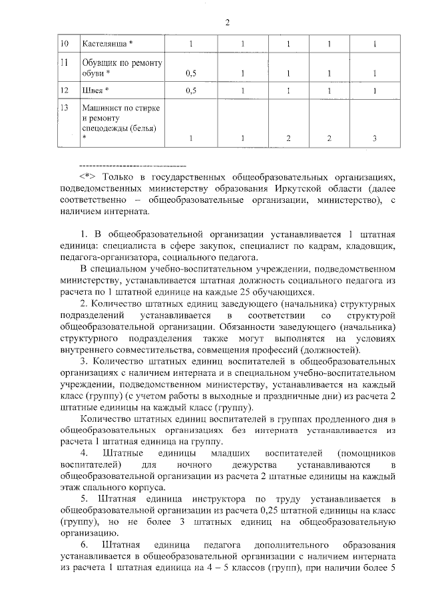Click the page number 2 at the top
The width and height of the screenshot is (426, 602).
pos(226,23)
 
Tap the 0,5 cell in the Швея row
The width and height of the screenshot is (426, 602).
pos(190,90)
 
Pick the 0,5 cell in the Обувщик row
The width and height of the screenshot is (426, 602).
pos(190,73)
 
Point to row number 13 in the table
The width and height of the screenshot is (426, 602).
pos(65,106)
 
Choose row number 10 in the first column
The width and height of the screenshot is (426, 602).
pos(65,44)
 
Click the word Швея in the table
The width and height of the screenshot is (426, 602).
pos(92,90)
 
